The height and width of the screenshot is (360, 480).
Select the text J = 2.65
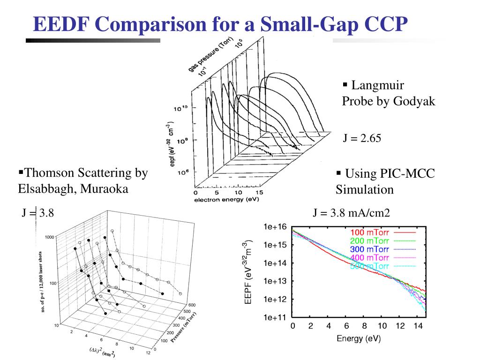tap(362, 139)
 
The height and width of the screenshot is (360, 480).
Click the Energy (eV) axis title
tap(359, 338)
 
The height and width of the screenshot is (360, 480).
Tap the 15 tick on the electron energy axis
tap(259, 193)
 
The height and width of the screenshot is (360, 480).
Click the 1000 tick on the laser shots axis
tap(49, 237)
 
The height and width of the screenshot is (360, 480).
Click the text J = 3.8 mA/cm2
tap(351, 213)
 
